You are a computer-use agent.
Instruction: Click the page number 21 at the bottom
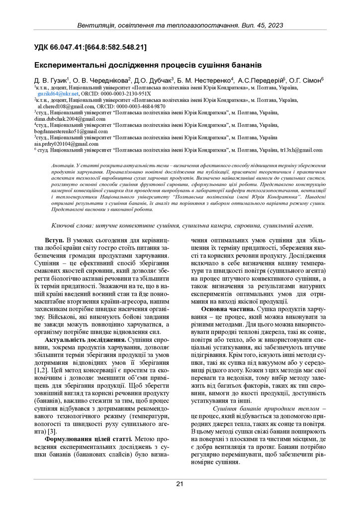coord(180,484)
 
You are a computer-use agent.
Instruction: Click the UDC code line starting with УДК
coord(90,48)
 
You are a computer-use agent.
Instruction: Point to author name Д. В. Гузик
coord(51,80)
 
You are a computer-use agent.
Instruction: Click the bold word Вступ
coord(55,241)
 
